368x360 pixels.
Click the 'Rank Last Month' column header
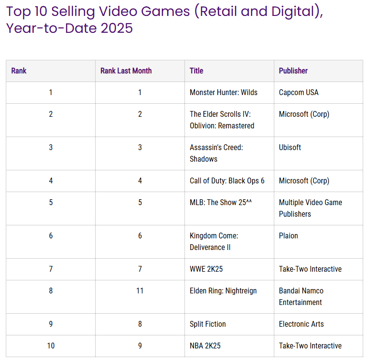pos(126,71)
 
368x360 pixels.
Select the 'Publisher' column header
pos(293,71)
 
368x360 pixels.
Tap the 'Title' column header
pos(197,71)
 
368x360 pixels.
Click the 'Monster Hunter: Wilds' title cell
pos(224,93)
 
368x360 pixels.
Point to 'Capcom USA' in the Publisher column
pos(298,93)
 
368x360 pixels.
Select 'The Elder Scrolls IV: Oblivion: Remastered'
pos(222,120)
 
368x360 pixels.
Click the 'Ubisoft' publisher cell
pos(290,148)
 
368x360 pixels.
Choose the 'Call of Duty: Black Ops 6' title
pos(227,181)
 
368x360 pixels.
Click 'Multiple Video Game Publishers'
pos(310,208)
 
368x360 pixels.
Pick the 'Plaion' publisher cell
pos(288,236)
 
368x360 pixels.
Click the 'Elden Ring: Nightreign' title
pos(223,291)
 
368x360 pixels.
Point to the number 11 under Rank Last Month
pos(140,291)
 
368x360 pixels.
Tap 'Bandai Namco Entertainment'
pos(301,296)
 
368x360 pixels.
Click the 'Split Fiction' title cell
pos(208,324)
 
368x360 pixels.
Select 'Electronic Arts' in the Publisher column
pos(301,324)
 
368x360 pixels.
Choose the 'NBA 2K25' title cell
pos(205,346)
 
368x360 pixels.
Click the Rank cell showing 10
pos(51,346)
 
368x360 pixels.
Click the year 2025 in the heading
pos(116,28)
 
